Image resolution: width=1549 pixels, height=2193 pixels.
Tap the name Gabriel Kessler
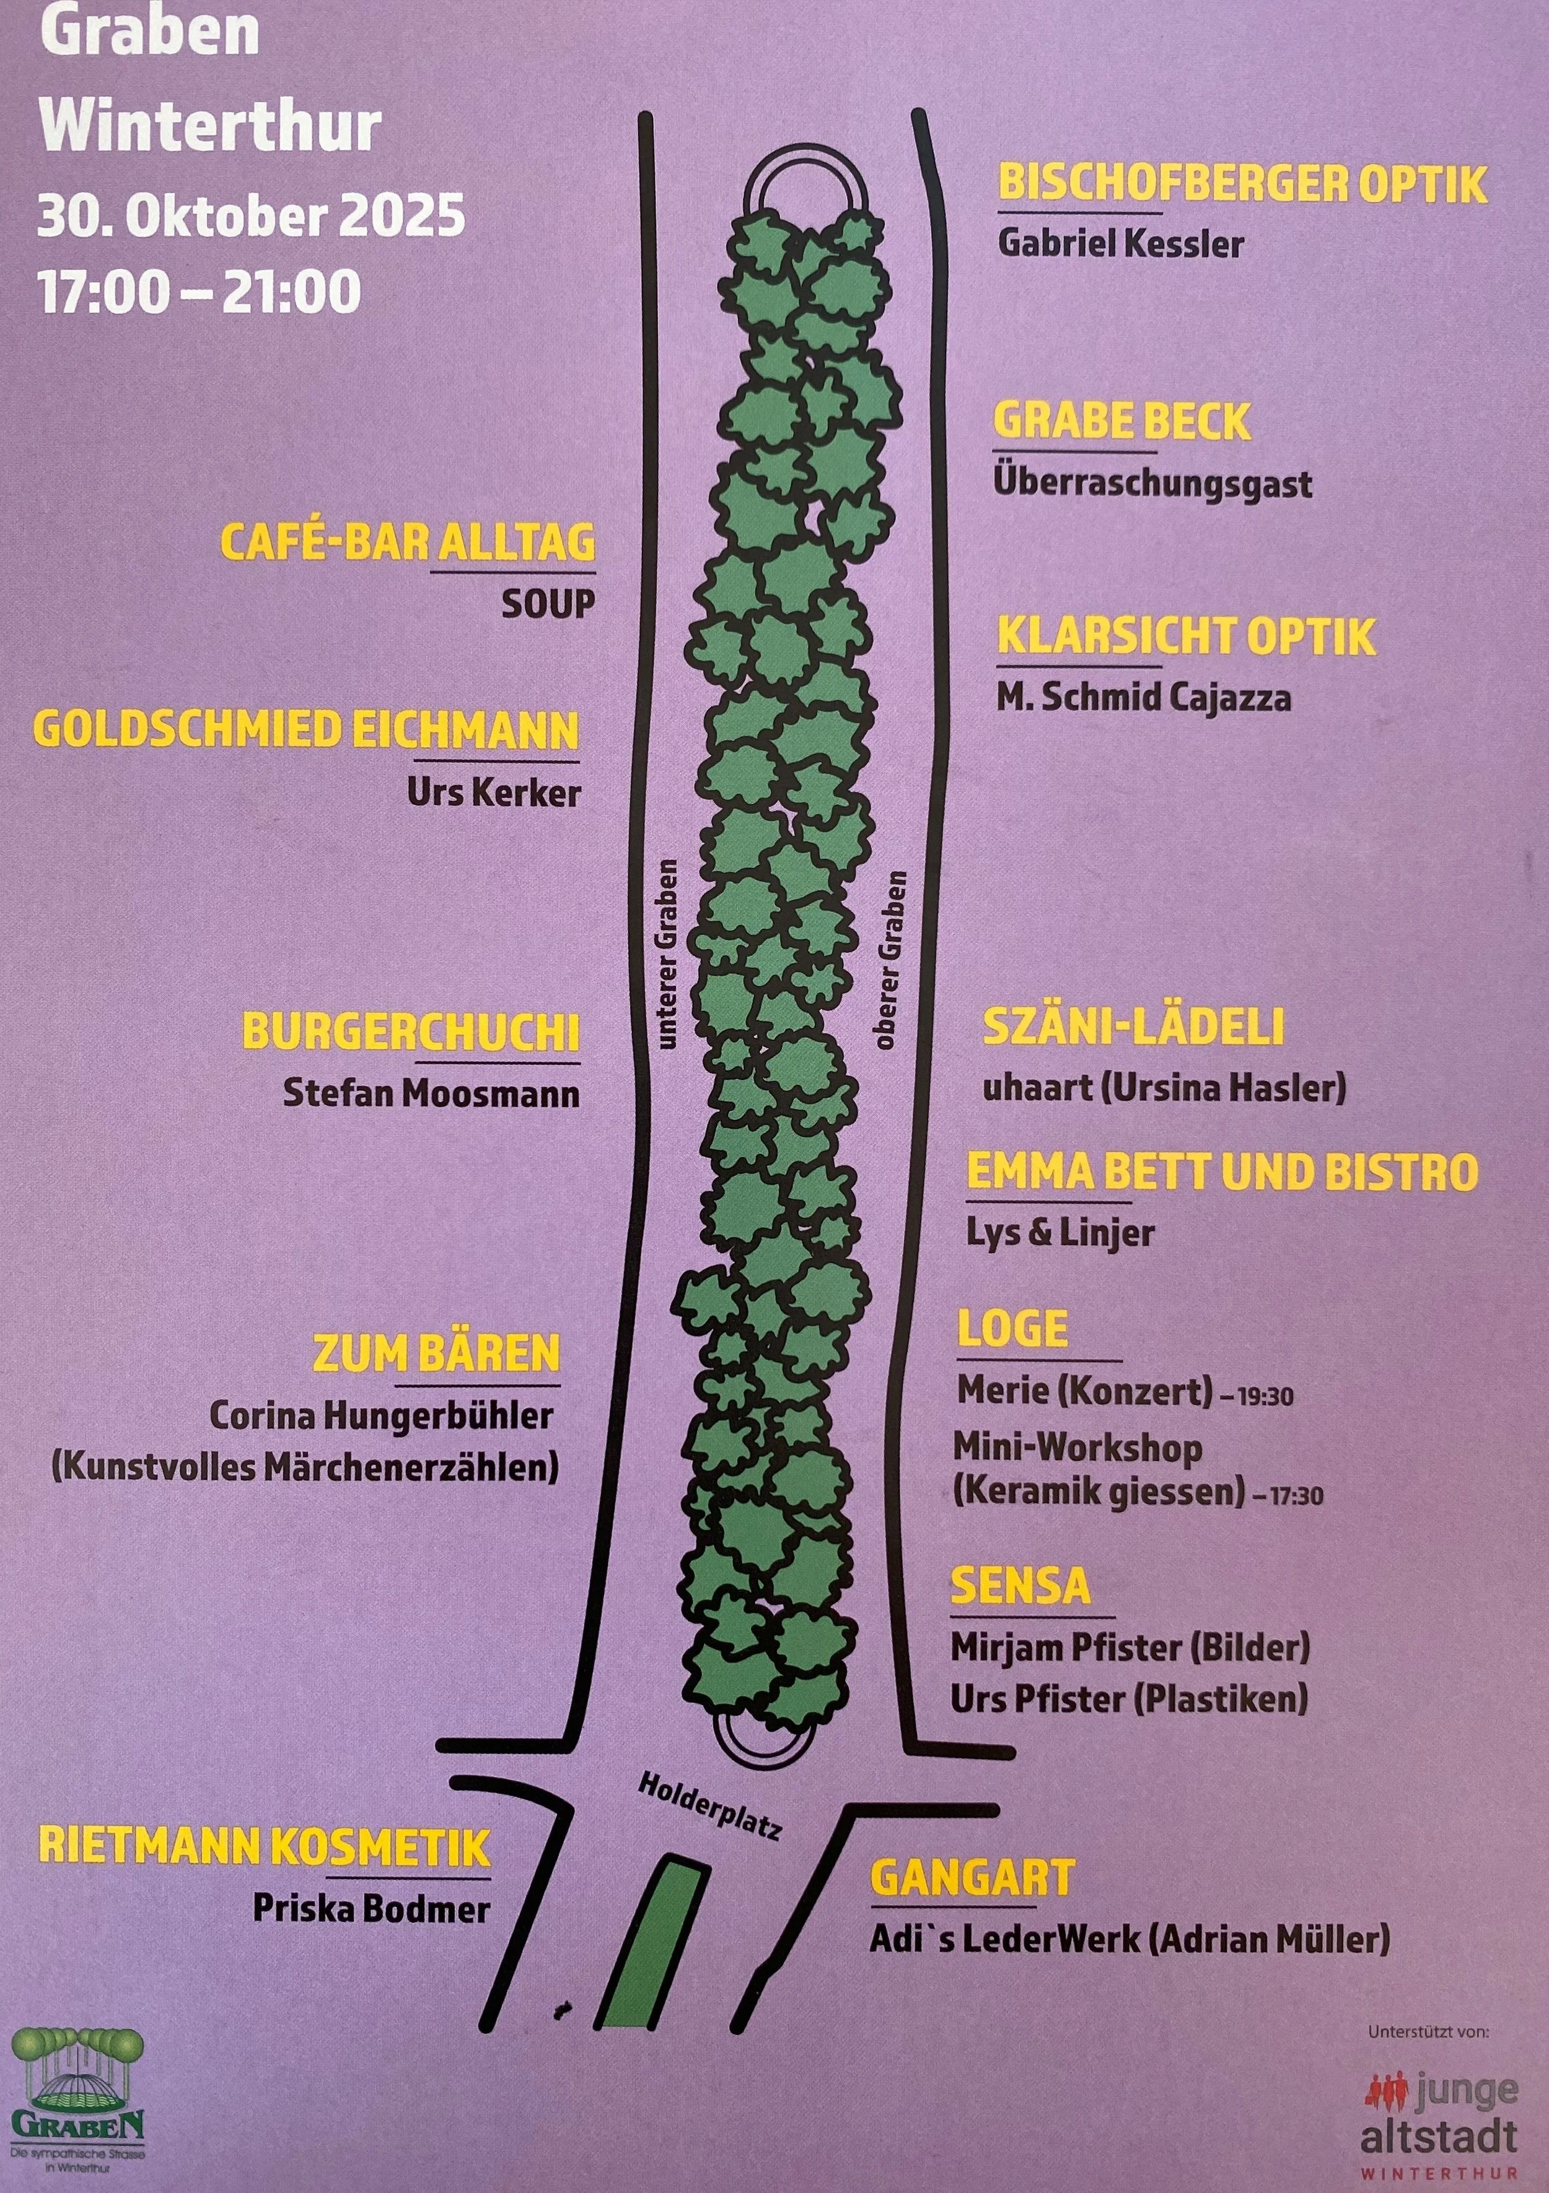click(x=1120, y=243)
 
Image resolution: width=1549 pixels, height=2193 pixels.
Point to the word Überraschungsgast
click(x=1152, y=484)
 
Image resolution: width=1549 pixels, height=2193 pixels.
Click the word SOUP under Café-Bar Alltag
click(x=548, y=604)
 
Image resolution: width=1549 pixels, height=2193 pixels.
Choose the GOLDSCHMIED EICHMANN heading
click(x=307, y=731)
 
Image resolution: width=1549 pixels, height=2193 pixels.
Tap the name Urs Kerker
click(x=493, y=793)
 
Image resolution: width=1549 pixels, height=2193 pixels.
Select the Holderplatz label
click(x=710, y=1806)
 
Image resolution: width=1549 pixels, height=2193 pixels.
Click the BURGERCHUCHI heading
click(x=411, y=1033)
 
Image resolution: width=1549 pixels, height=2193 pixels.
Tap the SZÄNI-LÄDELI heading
click(x=1133, y=1027)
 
